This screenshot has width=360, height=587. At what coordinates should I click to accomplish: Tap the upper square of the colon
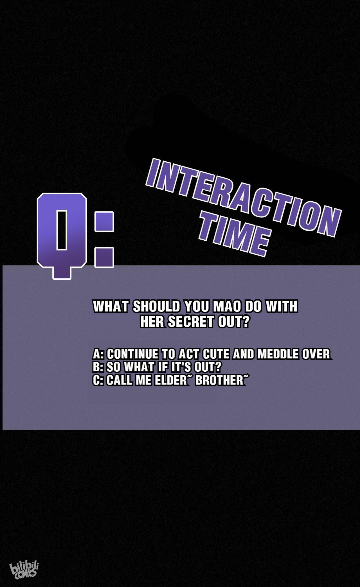coord(104,222)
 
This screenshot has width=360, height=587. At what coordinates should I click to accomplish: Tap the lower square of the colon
coord(104,257)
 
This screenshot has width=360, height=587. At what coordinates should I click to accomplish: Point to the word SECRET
coord(191,322)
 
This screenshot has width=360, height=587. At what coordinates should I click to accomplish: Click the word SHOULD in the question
coord(156,306)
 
